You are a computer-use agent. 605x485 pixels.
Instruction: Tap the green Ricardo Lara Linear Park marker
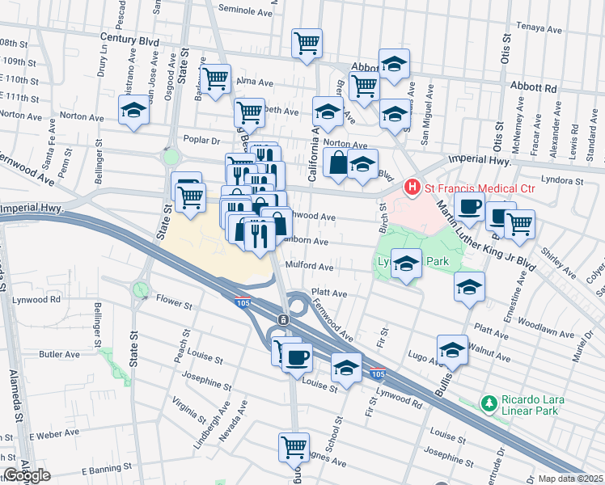click(x=488, y=403)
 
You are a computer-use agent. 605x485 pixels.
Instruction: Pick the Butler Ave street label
click(x=60, y=354)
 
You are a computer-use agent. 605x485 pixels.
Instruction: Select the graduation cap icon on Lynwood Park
click(x=407, y=264)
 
